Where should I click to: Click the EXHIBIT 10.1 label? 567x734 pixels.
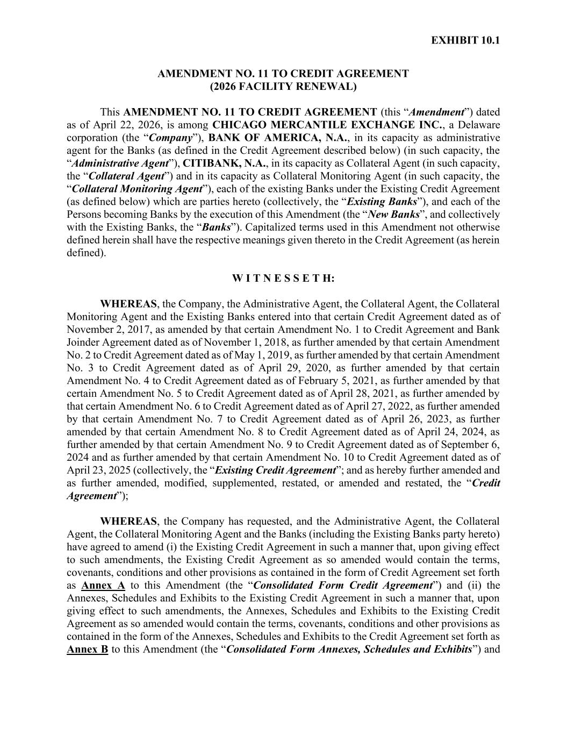[x=465, y=40]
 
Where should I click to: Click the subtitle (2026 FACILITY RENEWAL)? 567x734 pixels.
[x=283, y=86]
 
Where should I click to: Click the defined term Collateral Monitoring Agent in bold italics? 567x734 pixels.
[x=137, y=189]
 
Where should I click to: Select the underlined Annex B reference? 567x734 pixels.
[x=87, y=650]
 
